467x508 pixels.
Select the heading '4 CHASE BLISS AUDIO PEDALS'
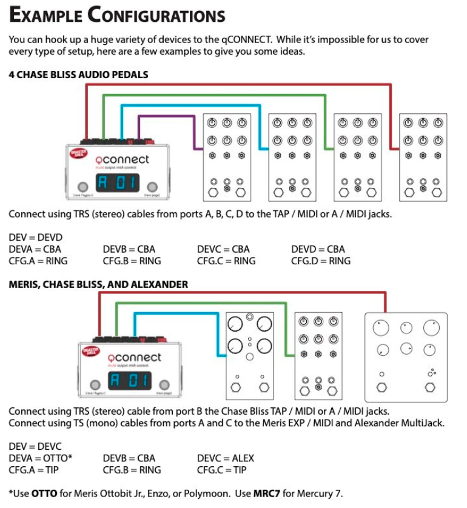[78, 75]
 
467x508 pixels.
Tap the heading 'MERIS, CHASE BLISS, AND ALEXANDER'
[98, 284]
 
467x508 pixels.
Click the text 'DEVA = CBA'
[35, 249]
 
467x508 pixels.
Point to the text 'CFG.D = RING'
[320, 261]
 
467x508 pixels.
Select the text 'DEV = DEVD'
[35, 237]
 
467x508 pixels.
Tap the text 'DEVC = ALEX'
[225, 458]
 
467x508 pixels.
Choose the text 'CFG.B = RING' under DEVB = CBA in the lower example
[132, 470]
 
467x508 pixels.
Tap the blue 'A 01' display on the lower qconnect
[130, 381]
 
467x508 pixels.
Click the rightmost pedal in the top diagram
[423, 157]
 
